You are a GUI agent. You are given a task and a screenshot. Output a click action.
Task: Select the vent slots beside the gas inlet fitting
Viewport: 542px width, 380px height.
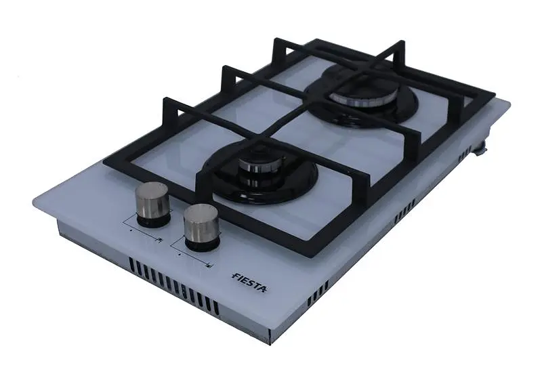pyautogui.click(x=465, y=153)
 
